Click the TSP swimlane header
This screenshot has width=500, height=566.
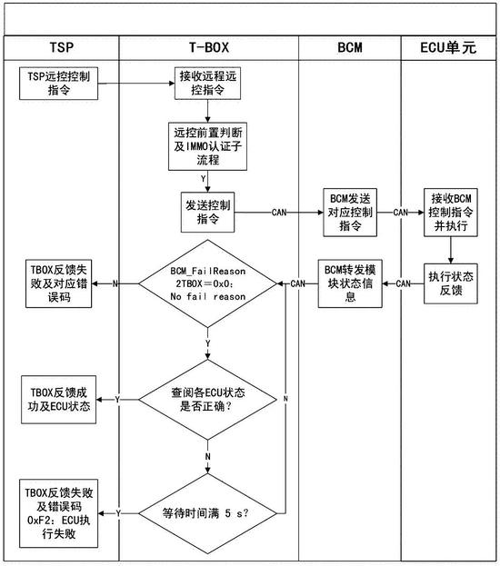60,47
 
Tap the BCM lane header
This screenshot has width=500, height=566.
350,47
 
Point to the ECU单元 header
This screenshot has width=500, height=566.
449,47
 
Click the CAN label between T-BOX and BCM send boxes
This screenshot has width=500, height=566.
281,213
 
